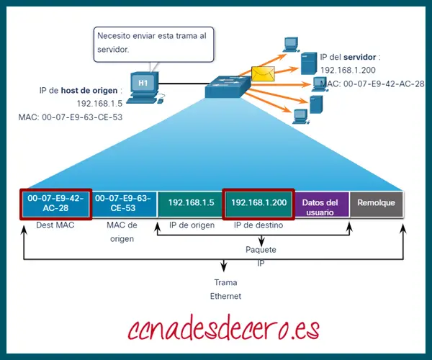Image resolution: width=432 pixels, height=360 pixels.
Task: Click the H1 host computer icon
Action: pyautogui.click(x=143, y=86)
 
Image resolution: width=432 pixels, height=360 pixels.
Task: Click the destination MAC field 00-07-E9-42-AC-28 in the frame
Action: pyautogui.click(x=55, y=204)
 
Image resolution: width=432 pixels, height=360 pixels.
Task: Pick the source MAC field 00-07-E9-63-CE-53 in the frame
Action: pyautogui.click(x=125, y=204)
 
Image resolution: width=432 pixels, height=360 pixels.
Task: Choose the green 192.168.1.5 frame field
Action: pyautogui.click(x=192, y=204)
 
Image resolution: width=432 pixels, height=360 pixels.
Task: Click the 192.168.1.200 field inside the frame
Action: pyautogui.click(x=258, y=204)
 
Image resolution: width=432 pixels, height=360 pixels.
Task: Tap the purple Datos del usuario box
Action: pyautogui.click(x=320, y=204)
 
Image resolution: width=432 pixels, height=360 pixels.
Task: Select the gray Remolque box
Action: pyautogui.click(x=376, y=204)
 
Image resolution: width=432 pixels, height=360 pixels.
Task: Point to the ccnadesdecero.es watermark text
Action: pyautogui.click(x=223, y=330)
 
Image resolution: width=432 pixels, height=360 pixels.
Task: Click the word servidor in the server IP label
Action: pyautogui.click(x=361, y=57)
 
